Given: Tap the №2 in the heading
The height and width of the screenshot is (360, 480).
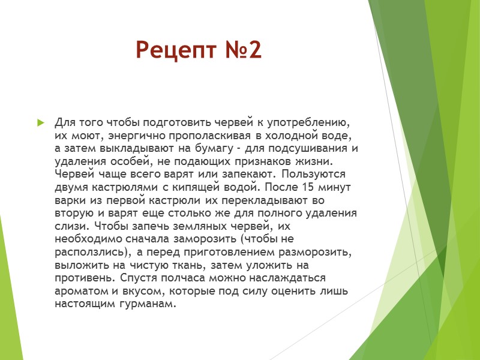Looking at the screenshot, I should point(244,50).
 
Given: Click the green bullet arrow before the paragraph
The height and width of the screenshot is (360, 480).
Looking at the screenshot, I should point(41,123).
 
